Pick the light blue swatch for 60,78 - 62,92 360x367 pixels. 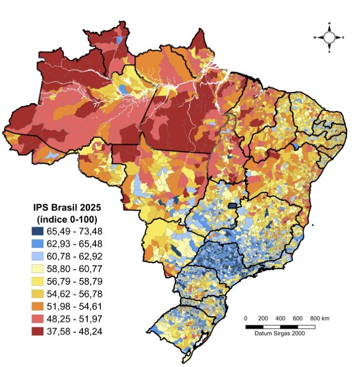(42, 256)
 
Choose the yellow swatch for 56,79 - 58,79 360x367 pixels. (42, 281)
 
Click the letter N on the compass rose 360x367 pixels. (329, 23)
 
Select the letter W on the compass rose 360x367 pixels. (315, 37)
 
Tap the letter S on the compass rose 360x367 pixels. (329, 52)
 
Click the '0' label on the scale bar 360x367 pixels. (246, 318)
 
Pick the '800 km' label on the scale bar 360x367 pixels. (320, 318)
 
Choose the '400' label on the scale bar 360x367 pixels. (281, 318)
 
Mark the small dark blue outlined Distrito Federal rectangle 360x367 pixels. (234, 206)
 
